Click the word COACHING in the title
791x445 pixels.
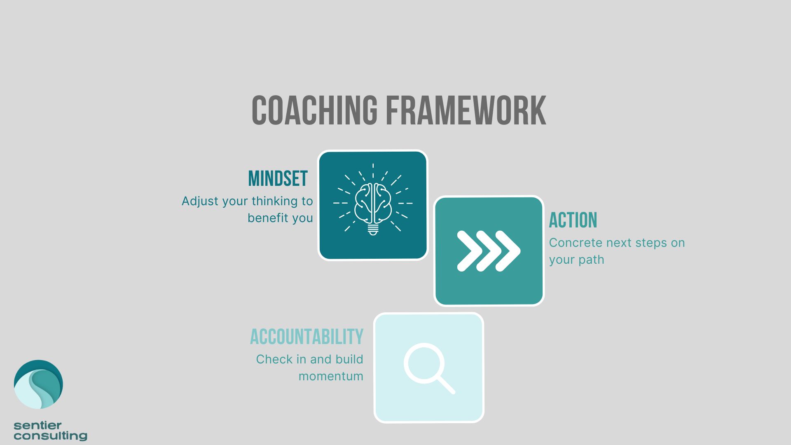314,110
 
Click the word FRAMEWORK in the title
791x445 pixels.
466,110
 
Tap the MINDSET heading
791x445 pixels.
278,179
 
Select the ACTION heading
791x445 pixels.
573,220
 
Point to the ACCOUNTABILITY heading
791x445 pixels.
307,337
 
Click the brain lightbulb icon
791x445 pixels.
373,199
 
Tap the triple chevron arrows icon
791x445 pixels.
489,251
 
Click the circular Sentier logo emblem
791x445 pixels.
38,384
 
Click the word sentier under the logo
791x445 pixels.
37,425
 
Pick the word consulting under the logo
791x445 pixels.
50,436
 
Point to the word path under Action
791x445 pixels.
591,260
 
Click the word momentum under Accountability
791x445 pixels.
331,376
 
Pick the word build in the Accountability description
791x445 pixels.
349,359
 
